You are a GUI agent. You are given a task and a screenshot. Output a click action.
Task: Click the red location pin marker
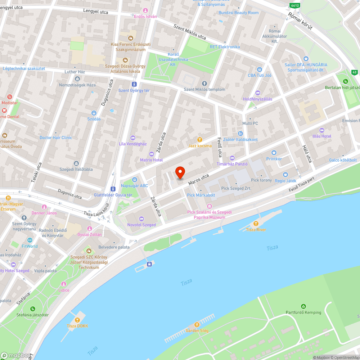180,173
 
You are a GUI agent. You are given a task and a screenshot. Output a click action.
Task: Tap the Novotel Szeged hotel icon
141,219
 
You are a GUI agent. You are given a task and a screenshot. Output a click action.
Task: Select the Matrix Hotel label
151,160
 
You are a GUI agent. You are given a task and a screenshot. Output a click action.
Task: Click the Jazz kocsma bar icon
200,139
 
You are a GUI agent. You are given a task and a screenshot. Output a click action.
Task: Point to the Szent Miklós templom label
204,90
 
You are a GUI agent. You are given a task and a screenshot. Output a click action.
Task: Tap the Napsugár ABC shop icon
134,180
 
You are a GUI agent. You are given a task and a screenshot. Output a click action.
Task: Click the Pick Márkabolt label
201,195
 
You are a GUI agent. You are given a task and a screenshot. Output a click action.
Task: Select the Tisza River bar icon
256,224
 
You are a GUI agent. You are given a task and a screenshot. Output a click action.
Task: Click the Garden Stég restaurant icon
197,324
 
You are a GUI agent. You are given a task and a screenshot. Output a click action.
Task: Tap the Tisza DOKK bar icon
77,320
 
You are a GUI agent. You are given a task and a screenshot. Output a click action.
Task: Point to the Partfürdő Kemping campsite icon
303,306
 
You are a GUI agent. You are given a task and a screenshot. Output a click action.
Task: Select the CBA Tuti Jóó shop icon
259,69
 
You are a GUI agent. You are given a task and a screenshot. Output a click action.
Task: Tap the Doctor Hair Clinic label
56,138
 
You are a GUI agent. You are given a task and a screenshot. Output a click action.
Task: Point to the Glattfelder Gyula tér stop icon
113,189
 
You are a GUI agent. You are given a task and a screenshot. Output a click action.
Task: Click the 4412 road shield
295,5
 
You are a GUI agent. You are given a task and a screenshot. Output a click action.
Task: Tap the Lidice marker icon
64,284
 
